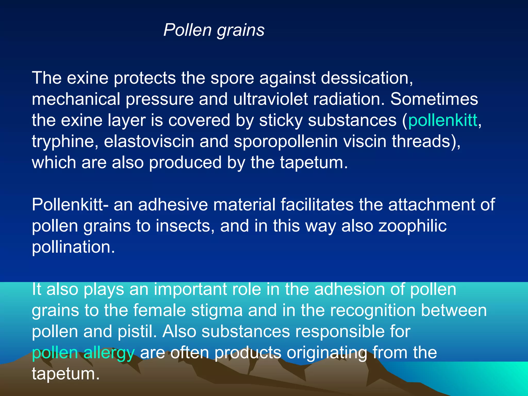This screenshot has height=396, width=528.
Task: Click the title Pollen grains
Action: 214,30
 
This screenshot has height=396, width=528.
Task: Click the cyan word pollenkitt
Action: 443,120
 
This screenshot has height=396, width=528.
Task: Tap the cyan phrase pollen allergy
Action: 83,353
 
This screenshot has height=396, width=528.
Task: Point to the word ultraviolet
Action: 270,99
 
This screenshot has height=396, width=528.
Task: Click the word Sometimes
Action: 434,99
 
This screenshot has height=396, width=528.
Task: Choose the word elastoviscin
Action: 149,142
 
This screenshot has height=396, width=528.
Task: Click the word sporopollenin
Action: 285,142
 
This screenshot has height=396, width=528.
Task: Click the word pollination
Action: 73,247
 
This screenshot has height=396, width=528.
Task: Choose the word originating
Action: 327,353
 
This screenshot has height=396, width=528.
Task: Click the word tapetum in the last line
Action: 65,374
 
